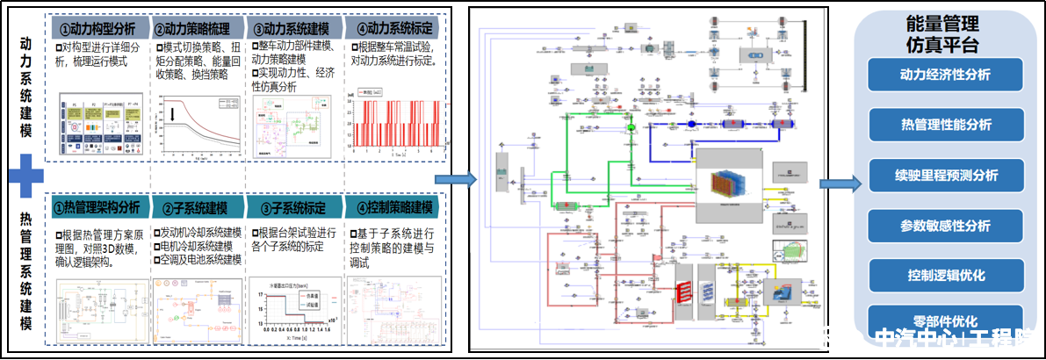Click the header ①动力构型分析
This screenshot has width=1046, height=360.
click(98, 27)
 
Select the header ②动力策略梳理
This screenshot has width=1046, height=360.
click(198, 27)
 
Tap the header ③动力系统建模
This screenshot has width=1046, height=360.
click(297, 27)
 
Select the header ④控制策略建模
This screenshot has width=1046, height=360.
click(394, 209)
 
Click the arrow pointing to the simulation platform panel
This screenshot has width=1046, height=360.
click(836, 184)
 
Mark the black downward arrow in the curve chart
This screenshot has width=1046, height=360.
click(175, 113)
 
